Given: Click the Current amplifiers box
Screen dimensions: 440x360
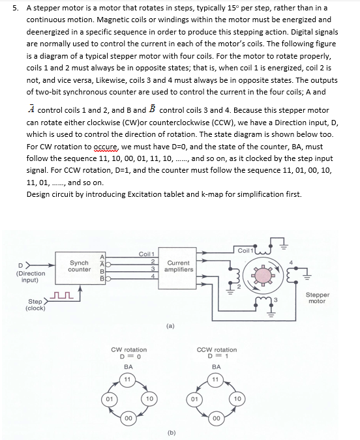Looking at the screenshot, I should click(x=177, y=267).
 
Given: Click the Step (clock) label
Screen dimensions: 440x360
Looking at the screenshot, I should click(x=36, y=304).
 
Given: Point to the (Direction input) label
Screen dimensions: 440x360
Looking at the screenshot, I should click(x=30, y=277).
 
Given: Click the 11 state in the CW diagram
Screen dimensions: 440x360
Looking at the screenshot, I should click(x=129, y=379).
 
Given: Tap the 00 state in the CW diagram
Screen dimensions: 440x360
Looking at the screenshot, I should click(x=129, y=417).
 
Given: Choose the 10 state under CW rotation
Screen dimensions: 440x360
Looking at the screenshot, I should click(x=149, y=398).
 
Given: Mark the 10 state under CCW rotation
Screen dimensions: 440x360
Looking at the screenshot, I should click(x=237, y=398).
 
